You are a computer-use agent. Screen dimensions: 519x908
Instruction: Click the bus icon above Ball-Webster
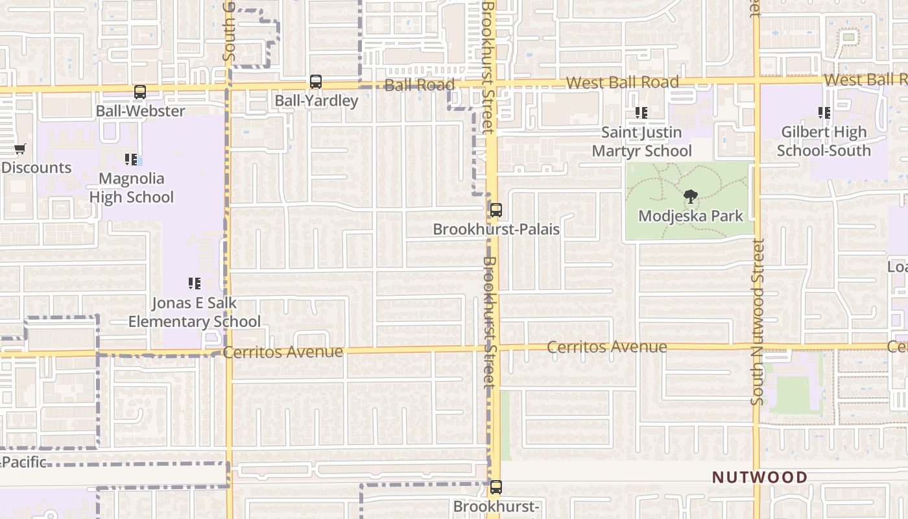(x=140, y=92)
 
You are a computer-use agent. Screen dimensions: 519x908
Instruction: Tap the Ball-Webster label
(x=140, y=111)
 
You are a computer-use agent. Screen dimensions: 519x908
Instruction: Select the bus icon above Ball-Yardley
(x=316, y=82)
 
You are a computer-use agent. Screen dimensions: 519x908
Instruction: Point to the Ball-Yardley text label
(x=316, y=101)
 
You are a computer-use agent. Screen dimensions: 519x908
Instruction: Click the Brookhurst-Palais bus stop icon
(x=496, y=210)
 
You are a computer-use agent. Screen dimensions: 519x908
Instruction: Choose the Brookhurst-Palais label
(x=496, y=229)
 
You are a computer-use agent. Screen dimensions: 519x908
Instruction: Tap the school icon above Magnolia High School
(x=131, y=160)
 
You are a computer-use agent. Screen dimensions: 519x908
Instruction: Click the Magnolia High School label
(x=131, y=187)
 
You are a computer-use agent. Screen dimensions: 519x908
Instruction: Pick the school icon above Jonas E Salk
(x=195, y=284)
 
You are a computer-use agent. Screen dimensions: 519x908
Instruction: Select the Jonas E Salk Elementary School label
(x=195, y=312)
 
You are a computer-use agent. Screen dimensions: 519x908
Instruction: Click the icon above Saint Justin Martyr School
(x=641, y=113)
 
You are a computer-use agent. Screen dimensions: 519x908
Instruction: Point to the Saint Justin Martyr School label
(x=641, y=141)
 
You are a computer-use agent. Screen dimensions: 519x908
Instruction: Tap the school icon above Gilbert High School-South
(x=824, y=113)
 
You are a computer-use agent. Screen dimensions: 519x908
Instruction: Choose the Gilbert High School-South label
(x=824, y=141)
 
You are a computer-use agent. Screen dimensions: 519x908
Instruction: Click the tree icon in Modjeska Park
(x=691, y=196)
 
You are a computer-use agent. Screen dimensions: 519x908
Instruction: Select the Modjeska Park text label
(x=691, y=215)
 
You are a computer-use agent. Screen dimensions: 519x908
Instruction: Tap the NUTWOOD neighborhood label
(x=760, y=477)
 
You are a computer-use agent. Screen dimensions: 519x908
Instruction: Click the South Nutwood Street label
(x=758, y=322)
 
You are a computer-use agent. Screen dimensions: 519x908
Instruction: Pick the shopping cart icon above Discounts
(x=20, y=149)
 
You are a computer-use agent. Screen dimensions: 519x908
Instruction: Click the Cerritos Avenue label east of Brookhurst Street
(x=606, y=346)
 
